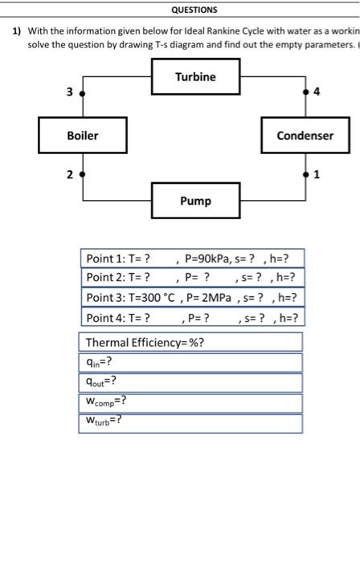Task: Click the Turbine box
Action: point(195,77)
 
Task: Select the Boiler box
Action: point(82,136)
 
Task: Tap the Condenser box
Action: point(305,136)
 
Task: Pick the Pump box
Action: point(195,201)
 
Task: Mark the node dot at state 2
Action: point(81,174)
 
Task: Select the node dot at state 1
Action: point(305,174)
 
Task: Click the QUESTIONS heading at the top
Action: point(194,10)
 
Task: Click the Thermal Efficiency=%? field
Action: point(190,343)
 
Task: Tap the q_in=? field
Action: point(190,363)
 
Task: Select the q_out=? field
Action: point(190,383)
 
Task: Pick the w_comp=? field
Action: point(190,402)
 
